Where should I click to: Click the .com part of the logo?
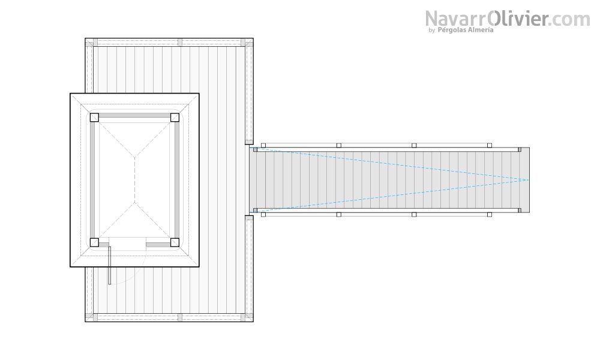point(570,20)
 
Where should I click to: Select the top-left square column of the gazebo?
point(95,118)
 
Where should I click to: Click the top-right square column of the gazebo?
point(175,118)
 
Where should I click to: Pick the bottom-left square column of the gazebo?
point(95,242)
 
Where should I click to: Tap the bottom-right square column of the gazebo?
point(175,242)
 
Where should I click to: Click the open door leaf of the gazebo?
point(109,265)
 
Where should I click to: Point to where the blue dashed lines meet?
point(529,180)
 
